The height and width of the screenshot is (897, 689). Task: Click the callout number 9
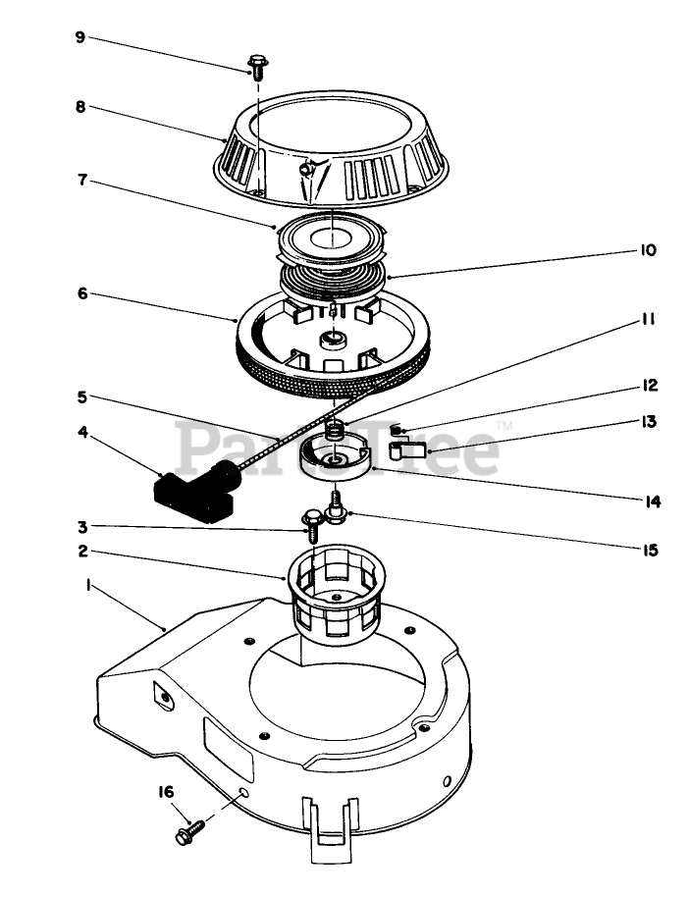80,37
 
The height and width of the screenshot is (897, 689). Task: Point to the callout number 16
165,791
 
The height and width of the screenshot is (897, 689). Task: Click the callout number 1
88,585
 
